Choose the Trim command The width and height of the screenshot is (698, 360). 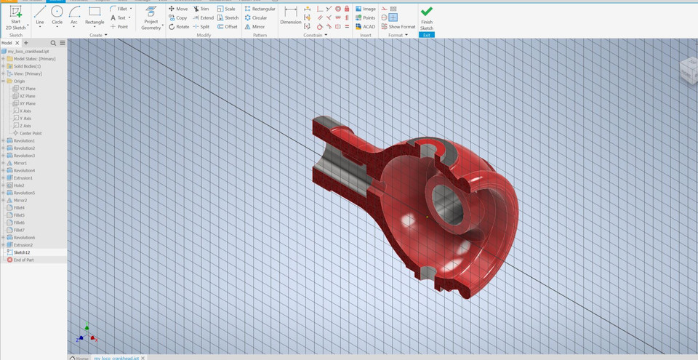click(x=201, y=9)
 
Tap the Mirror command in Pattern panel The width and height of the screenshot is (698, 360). click(x=254, y=26)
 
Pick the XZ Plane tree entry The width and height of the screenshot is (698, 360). click(x=27, y=96)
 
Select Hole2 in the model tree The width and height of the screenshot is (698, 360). click(x=19, y=185)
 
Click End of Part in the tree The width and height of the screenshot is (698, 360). click(x=23, y=260)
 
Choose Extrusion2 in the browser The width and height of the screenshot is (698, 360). click(x=23, y=244)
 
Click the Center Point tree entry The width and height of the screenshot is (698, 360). click(x=30, y=133)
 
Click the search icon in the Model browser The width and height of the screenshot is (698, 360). click(x=54, y=43)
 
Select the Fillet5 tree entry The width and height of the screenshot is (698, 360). click(x=19, y=215)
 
